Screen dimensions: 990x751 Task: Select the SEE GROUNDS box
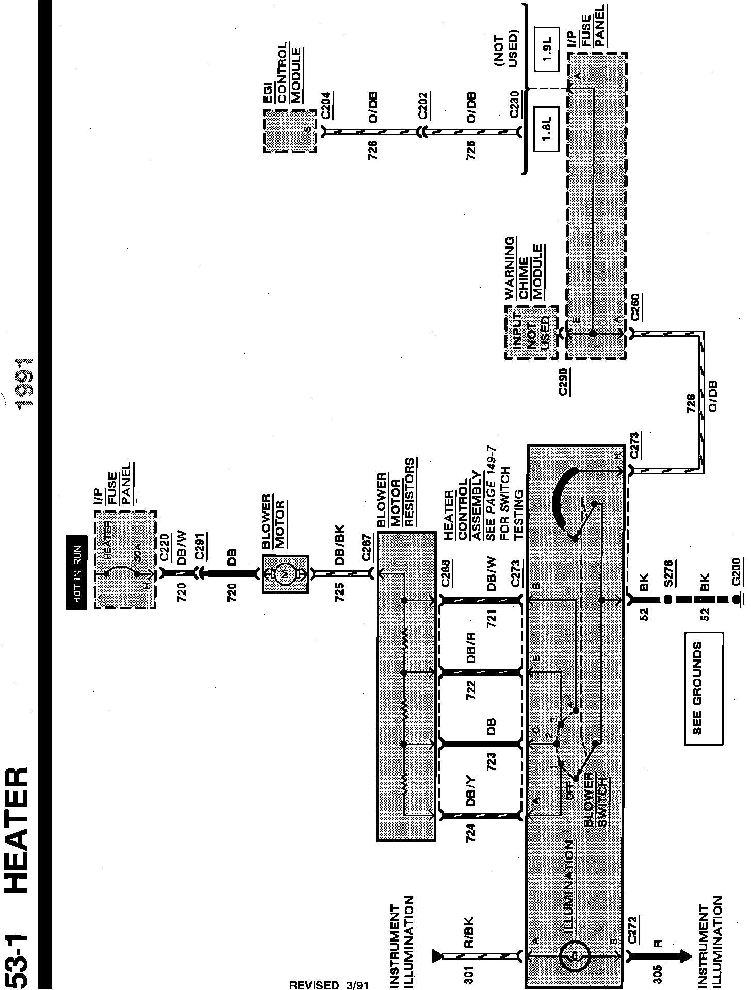[703, 688]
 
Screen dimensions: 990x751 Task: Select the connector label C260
[635, 307]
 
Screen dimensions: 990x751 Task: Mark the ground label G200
[736, 572]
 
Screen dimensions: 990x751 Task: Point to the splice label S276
[668, 572]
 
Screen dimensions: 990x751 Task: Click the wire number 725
[339, 593]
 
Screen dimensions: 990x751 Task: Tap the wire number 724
[470, 833]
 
